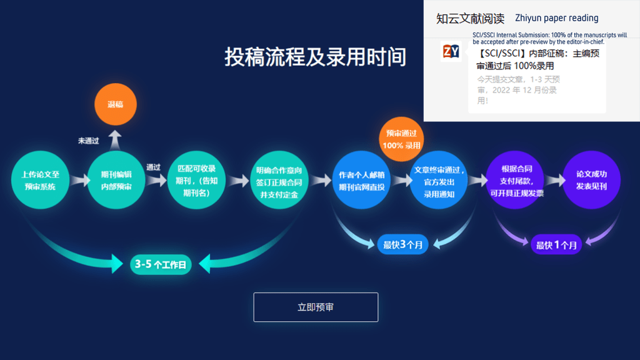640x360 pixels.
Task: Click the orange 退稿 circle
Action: coord(116,104)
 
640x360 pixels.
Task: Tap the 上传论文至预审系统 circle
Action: coord(40,181)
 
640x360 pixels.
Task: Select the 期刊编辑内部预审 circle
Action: coord(116,181)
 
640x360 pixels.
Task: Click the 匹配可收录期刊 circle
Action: coord(196,181)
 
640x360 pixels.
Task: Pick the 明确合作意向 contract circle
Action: coord(279,181)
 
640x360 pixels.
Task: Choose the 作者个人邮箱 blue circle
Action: coord(361,181)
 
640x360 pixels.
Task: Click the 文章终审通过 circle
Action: coord(439,181)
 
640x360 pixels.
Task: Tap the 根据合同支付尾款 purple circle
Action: coord(516,181)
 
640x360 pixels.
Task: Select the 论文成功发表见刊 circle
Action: coord(591,181)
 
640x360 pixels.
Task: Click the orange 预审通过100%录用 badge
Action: coord(402,139)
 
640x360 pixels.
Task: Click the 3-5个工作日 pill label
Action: coord(161,264)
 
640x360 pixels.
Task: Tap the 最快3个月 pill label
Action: coord(402,244)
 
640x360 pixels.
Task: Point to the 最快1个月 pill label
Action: coord(556,245)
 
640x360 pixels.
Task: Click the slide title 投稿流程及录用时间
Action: coord(315,57)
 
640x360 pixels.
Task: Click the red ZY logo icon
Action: coord(451,51)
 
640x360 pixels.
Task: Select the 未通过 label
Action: coord(88,141)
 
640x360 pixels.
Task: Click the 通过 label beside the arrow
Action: coord(153,167)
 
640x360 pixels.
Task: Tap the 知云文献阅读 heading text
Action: coord(470,19)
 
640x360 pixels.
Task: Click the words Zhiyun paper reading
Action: coord(556,18)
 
